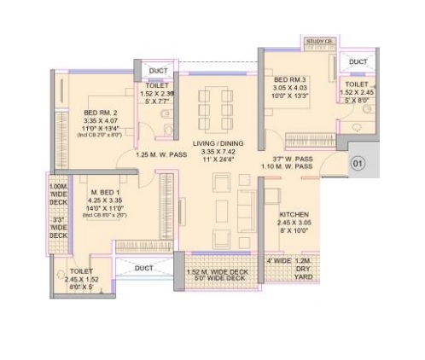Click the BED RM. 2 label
(x=100, y=113)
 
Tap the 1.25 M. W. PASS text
(x=161, y=156)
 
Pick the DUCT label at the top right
(x=358, y=62)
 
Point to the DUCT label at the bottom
(x=143, y=267)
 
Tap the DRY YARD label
(x=305, y=269)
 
